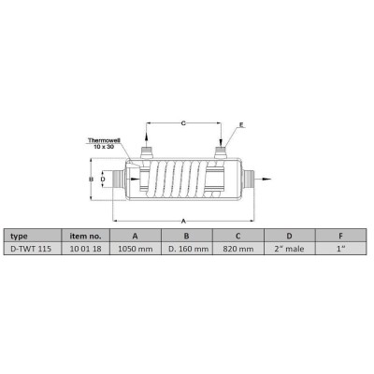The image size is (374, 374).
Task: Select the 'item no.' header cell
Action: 85,236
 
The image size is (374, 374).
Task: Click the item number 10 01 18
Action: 85,249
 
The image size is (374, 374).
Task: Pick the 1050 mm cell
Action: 136,249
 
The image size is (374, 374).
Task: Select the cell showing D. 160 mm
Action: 187,249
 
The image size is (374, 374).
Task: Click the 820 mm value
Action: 238,249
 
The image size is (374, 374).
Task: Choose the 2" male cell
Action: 290,249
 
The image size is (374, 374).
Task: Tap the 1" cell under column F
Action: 341,249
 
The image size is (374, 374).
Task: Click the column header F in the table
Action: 341,236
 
